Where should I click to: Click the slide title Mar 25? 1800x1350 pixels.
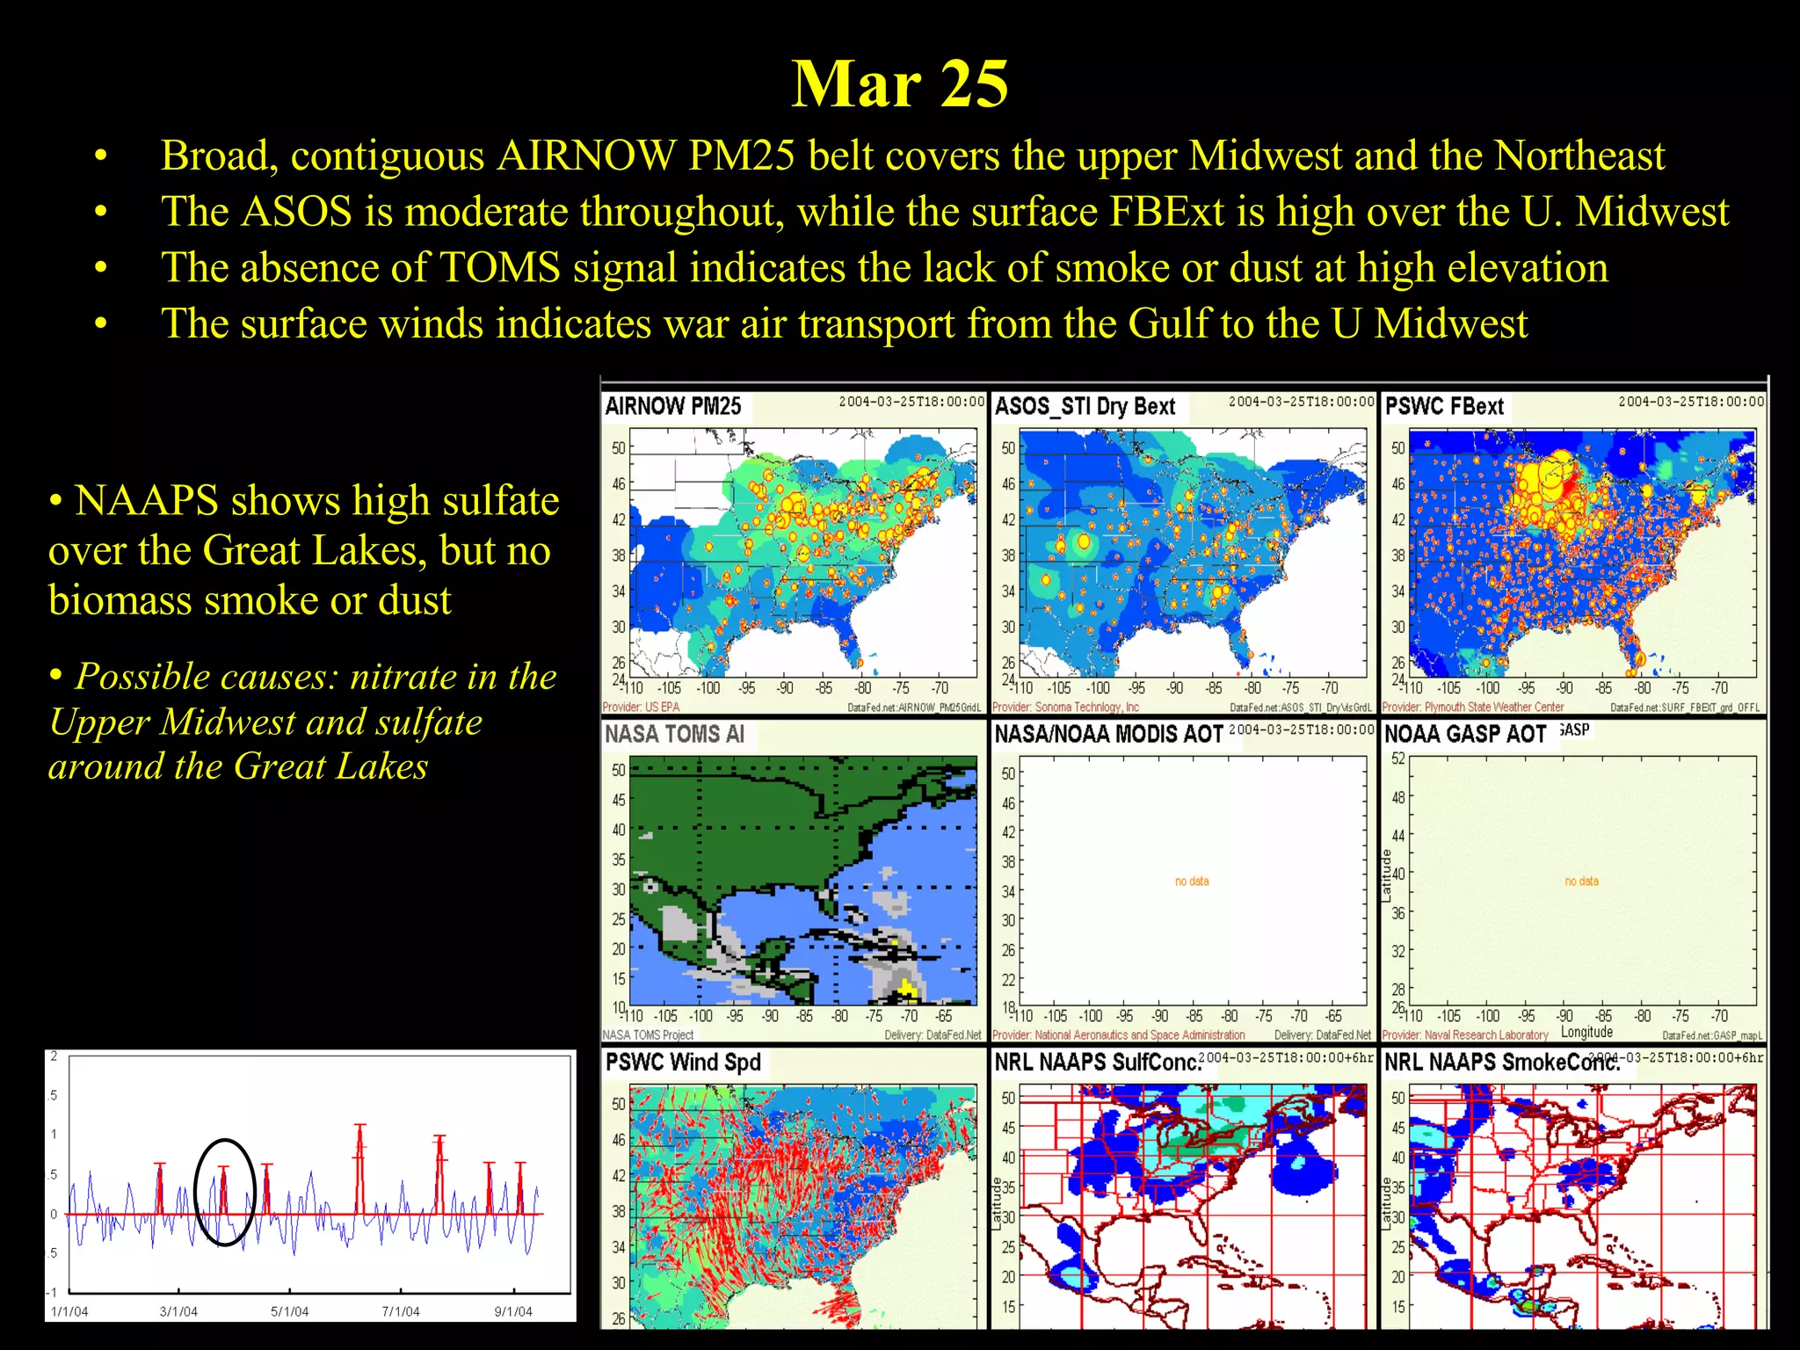click(899, 84)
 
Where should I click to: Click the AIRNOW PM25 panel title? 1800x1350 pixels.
click(673, 406)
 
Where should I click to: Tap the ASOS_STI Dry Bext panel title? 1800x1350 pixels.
click(1085, 406)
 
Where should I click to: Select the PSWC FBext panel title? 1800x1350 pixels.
click(1444, 406)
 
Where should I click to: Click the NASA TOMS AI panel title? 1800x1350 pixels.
click(674, 734)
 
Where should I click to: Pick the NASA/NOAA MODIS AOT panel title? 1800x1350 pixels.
click(1108, 734)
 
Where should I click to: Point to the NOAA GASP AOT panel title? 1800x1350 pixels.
click(1464, 734)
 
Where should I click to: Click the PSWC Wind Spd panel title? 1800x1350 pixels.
click(683, 1062)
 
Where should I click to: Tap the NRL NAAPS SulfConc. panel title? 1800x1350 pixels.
click(1097, 1063)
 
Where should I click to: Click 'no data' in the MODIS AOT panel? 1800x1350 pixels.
click(1192, 881)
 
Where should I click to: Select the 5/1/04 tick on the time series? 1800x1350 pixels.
click(289, 1311)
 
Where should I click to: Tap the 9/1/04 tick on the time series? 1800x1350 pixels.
click(513, 1311)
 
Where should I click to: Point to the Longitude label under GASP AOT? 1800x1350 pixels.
click(1586, 1032)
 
